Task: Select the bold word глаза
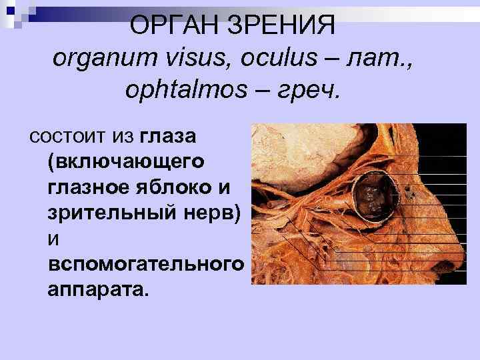168,137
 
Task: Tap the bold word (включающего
127,162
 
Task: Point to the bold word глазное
85,187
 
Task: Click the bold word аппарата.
99,289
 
